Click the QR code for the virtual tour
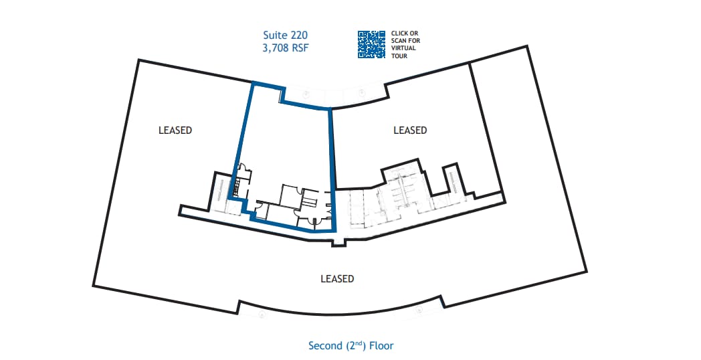[x=372, y=44]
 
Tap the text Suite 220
[x=284, y=33]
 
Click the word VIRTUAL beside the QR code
[x=405, y=48]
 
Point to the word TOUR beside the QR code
[x=399, y=56]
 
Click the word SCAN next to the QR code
[x=399, y=40]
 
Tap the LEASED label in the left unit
[x=175, y=130]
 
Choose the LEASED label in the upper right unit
[x=410, y=130]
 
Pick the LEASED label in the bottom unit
[x=337, y=278]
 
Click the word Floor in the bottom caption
[x=381, y=346]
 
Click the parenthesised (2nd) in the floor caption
[x=355, y=345]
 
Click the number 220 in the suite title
[x=299, y=33]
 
